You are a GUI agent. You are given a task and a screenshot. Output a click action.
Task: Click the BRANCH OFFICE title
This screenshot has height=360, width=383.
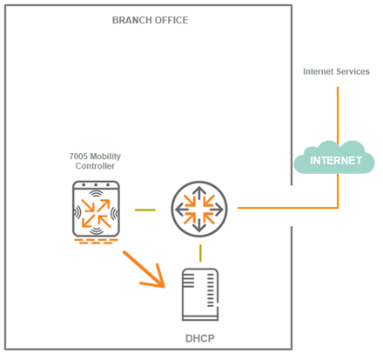click(x=150, y=20)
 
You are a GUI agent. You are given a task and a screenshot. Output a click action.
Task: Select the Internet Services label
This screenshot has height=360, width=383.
click(x=336, y=71)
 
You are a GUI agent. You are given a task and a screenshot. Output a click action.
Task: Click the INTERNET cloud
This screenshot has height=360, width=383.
click(x=334, y=158)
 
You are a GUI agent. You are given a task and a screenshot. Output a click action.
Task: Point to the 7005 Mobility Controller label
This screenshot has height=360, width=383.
click(x=95, y=161)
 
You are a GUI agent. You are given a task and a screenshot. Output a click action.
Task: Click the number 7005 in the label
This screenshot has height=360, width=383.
click(x=78, y=157)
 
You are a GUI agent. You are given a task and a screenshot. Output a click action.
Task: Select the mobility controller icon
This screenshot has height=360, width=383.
click(x=96, y=209)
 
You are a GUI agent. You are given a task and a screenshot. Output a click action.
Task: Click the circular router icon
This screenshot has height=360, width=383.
click(x=199, y=209)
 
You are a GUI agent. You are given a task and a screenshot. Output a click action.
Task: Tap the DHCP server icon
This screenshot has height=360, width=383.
click(x=200, y=295)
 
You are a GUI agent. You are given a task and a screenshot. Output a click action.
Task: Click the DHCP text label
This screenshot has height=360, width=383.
click(x=200, y=338)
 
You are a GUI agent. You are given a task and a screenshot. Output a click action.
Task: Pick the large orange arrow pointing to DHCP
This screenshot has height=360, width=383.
click(x=144, y=270)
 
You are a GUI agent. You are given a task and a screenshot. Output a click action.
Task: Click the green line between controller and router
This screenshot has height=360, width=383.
click(x=145, y=210)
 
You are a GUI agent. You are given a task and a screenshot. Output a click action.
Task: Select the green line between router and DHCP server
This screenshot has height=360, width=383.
click(x=200, y=253)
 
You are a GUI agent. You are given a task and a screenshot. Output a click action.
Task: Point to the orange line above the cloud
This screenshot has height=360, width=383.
click(x=338, y=115)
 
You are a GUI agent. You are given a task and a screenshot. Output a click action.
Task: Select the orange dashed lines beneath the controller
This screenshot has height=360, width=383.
click(x=96, y=241)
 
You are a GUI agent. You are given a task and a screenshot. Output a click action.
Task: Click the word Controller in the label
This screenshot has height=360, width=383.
click(x=95, y=166)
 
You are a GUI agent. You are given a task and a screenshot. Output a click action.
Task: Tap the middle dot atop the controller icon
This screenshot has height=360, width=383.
click(x=96, y=185)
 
